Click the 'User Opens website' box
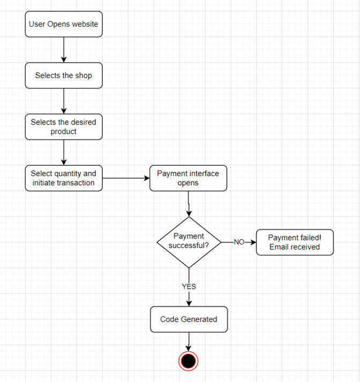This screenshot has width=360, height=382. point(64,25)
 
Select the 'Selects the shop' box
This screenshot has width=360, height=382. point(64,75)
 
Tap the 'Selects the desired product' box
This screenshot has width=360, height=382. point(64,127)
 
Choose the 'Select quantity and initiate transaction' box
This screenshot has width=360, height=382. point(64,178)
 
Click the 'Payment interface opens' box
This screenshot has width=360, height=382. point(188,178)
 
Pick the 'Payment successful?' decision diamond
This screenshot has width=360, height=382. point(189,242)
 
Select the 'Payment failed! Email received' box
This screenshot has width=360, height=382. point(294,242)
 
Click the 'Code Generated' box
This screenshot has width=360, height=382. point(189,319)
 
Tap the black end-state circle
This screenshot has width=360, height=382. point(189,361)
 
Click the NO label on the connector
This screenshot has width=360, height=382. point(239,242)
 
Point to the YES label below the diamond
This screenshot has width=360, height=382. point(189,286)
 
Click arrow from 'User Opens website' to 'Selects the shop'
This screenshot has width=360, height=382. point(64,50)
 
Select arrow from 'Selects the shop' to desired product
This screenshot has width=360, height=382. point(64,101)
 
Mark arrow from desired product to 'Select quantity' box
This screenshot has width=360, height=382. point(64,152)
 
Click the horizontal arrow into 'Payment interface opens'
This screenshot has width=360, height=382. point(126,178)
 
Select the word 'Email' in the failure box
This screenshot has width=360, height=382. point(280,247)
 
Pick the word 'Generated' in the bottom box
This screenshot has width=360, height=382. point(199,319)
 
